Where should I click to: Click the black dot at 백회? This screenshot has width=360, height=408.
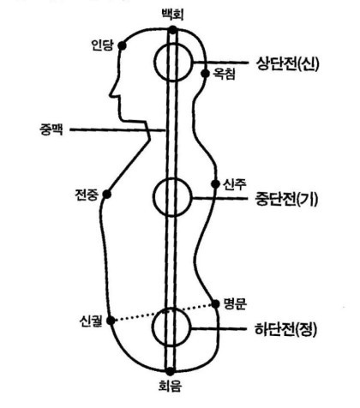pos(172,30)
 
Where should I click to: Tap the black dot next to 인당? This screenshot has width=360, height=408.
pos(122,45)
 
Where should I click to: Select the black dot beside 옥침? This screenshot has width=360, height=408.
pos(205,74)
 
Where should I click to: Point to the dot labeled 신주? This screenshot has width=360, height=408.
pos(216,184)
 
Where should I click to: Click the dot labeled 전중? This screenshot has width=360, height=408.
pos(107,195)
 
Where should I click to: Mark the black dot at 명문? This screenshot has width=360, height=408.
pos(216,304)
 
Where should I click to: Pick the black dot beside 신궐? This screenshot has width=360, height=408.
pos(111,321)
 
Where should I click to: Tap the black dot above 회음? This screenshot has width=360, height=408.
pos(170,371)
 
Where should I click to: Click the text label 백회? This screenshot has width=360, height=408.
pos(172,15)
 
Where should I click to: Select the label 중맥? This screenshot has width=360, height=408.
pos(51,130)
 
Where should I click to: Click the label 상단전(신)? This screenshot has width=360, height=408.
pos(287,63)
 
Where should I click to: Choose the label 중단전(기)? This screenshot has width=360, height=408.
pos(286,199)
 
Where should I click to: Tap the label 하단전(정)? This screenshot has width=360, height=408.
pos(285,329)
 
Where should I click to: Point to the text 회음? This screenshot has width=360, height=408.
pos(170,387)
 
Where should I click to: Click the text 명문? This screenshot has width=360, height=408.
pos(235,304)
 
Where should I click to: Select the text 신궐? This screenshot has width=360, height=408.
pos(91,321)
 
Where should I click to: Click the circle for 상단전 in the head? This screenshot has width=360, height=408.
pos(155,63)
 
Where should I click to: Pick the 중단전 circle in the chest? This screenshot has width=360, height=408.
pos(154,197)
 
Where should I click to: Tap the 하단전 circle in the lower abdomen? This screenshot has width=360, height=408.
pos(153,327)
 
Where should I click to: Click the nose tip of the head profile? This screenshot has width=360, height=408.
pos(111,95)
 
